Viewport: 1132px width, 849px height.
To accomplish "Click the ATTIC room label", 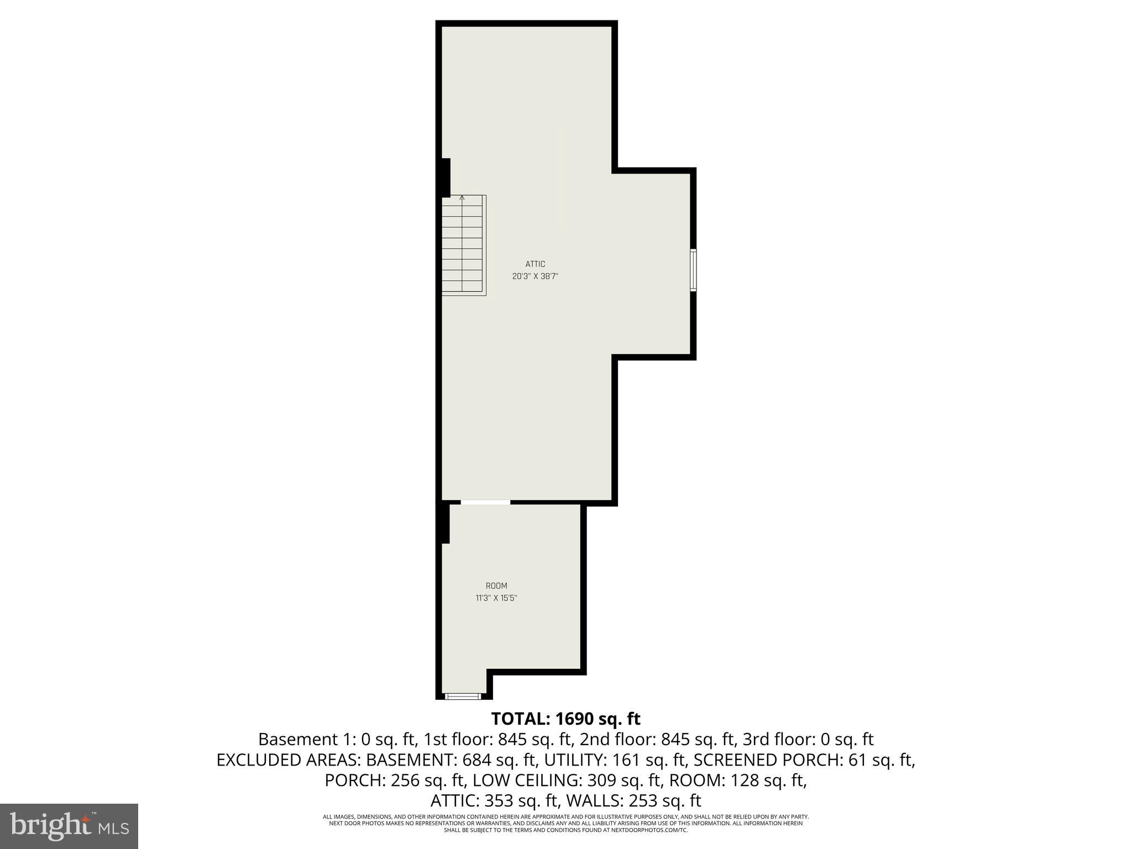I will coord(535,264).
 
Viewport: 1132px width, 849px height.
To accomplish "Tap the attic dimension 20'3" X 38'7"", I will coord(535,276).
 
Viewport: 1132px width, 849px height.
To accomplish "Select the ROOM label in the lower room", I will coord(496,586).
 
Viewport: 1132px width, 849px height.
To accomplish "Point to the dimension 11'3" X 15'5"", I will coord(496,598).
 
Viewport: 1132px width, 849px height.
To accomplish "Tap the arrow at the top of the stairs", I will coord(462,197).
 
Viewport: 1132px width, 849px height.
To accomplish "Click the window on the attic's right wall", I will coord(693,270).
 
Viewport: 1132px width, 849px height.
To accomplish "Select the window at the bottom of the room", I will coord(463,696).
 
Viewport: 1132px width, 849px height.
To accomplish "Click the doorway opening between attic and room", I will coord(485,502).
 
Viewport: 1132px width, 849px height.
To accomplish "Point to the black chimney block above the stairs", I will coord(446,177).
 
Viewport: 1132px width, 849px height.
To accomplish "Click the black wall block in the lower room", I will coord(444,523).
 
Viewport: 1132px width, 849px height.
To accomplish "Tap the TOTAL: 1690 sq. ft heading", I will coord(565,719).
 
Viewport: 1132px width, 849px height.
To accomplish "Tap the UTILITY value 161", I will coord(626,761).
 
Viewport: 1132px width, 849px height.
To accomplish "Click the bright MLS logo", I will coord(69,826).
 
